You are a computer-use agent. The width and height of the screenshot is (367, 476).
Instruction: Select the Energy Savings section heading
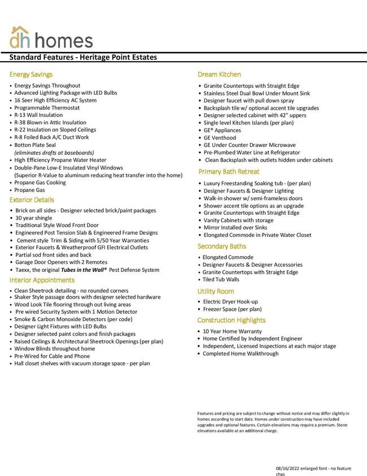[31, 75]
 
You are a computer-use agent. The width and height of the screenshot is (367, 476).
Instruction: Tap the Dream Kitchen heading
[219, 75]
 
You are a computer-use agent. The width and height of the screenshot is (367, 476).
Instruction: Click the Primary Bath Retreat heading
[229, 172]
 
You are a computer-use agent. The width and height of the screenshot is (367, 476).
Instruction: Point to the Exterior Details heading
[32, 200]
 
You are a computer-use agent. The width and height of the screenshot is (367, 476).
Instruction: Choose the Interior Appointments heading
[42, 280]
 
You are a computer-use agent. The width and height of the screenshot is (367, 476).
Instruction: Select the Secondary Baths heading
[222, 246]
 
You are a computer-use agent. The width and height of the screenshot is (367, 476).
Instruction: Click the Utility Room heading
[216, 291]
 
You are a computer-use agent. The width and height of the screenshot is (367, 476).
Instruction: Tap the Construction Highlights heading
[231, 321]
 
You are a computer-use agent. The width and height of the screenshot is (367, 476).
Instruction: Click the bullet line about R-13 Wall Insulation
[38, 115]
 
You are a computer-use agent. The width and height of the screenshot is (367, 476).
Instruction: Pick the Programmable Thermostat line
[47, 108]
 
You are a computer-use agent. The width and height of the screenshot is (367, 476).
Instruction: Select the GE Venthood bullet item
[220, 138]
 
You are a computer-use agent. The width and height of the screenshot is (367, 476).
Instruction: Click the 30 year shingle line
[34, 218]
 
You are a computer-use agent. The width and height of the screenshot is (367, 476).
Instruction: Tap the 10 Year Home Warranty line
[233, 332]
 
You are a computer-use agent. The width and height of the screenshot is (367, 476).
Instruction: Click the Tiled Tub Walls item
[221, 280]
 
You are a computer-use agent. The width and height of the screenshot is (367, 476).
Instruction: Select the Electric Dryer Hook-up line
[230, 302]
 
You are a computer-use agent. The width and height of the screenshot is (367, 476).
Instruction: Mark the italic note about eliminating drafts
[54, 153]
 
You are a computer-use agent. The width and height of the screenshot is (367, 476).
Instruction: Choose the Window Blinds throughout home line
[55, 349]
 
